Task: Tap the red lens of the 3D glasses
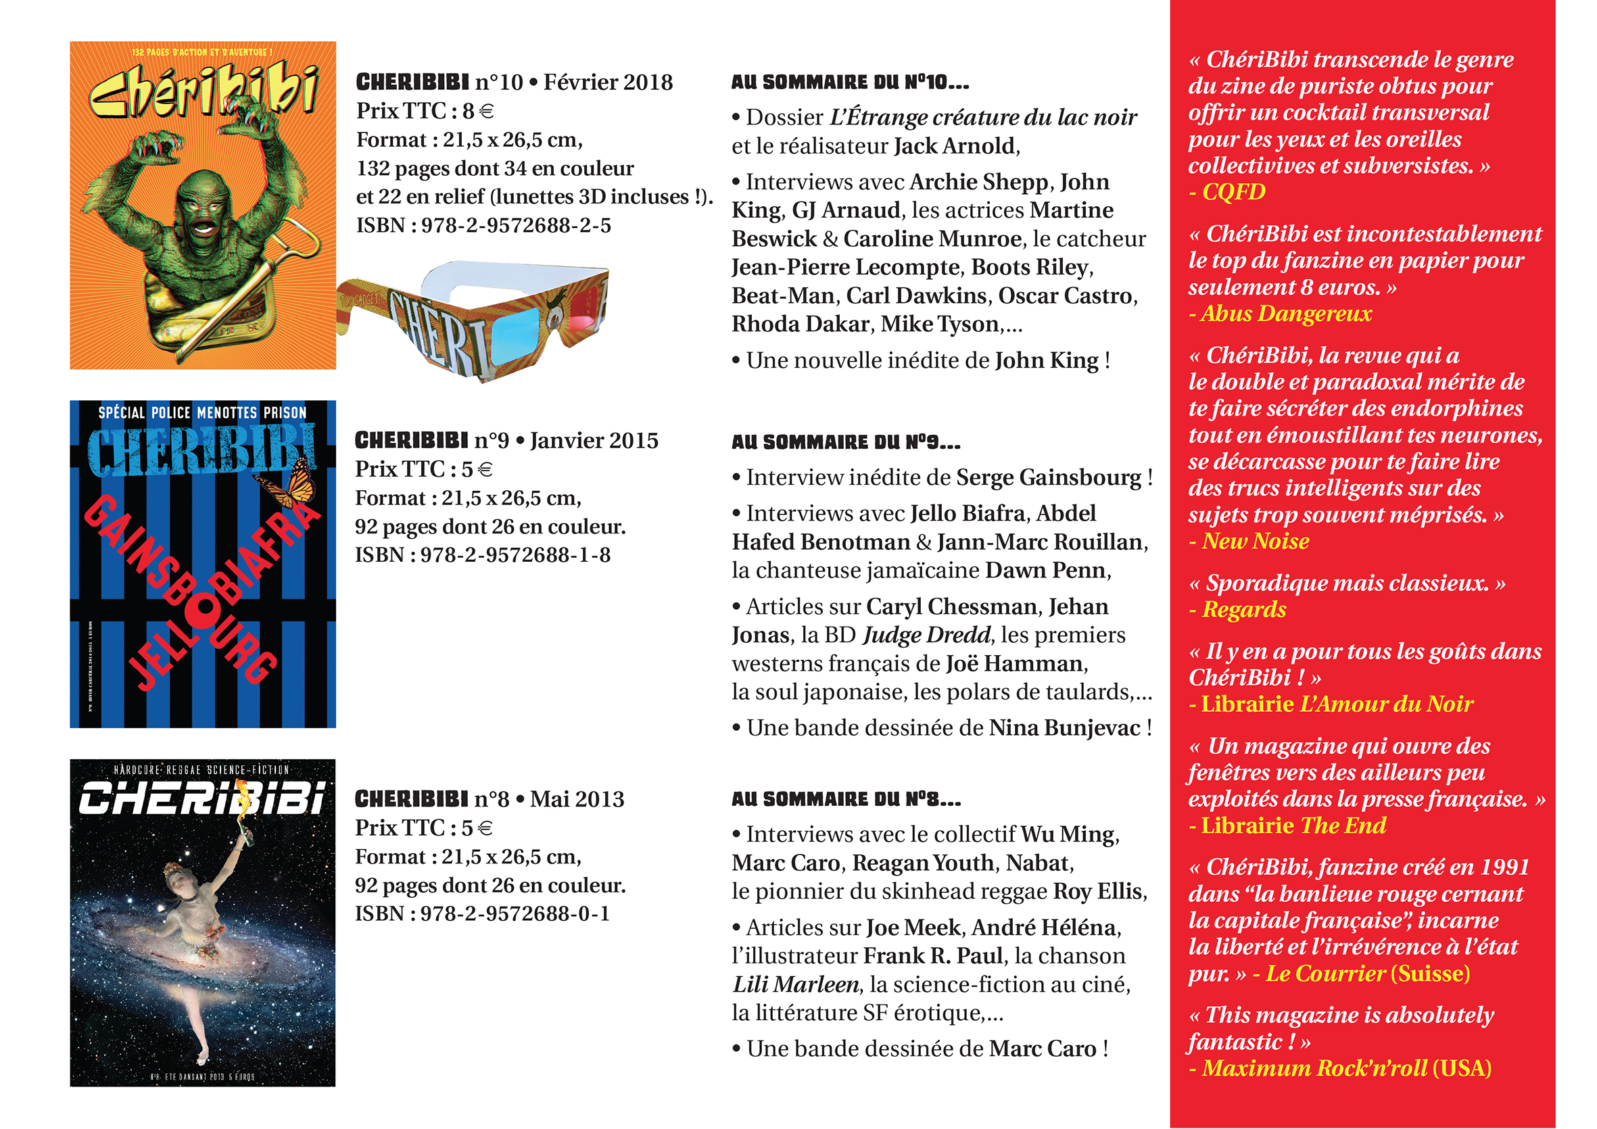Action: point(586,306)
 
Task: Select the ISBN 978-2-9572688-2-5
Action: point(483,225)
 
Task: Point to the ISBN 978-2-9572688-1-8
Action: point(483,554)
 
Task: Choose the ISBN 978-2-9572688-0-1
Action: point(482,913)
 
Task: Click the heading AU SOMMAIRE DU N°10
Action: point(849,82)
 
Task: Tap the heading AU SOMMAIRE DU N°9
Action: point(845,441)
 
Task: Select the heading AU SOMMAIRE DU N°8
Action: point(845,799)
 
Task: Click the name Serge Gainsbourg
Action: point(1048,477)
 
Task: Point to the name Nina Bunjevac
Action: point(1064,727)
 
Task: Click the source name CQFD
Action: point(1233,191)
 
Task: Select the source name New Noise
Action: point(1256,542)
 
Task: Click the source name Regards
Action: point(1243,609)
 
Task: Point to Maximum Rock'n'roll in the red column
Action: point(1314,1067)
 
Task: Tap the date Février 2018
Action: point(607,82)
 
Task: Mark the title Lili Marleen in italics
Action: point(796,984)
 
